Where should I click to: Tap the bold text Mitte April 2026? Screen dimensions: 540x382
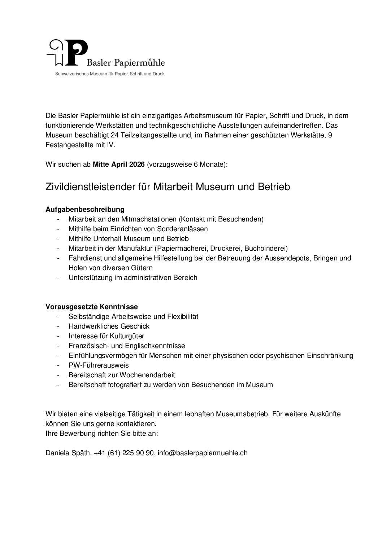(119, 164)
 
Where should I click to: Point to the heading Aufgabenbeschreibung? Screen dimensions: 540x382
(85, 209)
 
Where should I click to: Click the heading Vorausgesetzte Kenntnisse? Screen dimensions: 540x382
(92, 307)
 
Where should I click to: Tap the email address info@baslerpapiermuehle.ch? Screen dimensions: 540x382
(203, 453)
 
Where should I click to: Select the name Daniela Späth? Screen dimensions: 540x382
(68, 453)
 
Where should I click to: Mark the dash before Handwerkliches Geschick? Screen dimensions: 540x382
(58, 326)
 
